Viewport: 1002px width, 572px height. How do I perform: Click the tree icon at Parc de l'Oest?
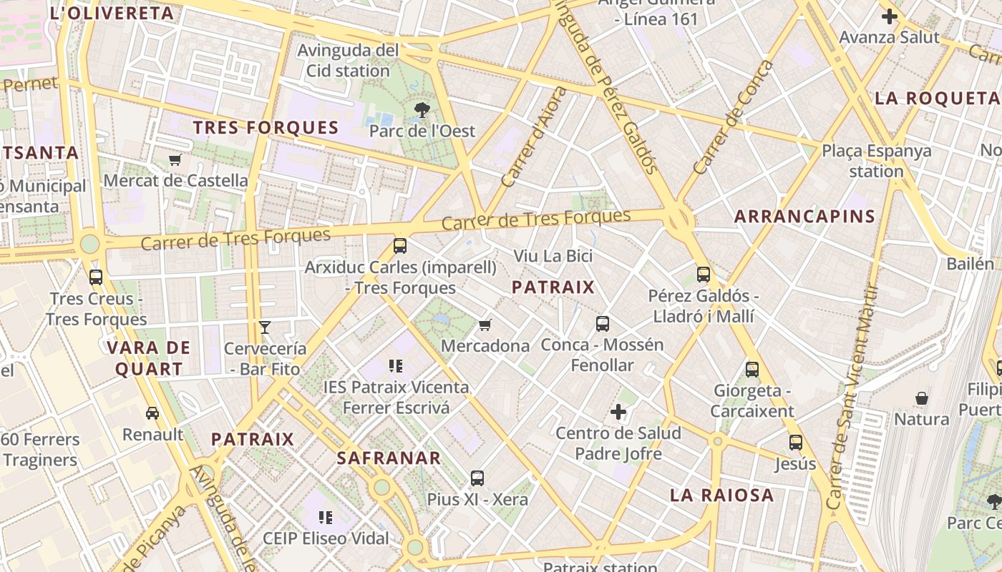[x=422, y=109]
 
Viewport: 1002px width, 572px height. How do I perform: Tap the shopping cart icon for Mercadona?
[x=485, y=325]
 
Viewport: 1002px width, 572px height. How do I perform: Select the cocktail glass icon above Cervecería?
[x=265, y=327]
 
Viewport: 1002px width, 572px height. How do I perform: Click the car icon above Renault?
[x=152, y=413]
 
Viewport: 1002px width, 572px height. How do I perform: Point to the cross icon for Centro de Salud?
[x=618, y=412]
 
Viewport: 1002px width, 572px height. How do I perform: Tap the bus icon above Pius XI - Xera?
[x=477, y=478]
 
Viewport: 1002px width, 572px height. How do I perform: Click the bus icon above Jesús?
[x=796, y=443]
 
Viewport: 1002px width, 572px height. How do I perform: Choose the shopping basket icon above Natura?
[x=922, y=398]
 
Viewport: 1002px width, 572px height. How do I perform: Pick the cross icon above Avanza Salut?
[x=890, y=16]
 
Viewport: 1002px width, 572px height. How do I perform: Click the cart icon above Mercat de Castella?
[x=175, y=159]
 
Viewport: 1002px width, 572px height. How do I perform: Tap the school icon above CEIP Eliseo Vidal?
[x=326, y=517]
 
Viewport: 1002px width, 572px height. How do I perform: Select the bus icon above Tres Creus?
[x=96, y=277]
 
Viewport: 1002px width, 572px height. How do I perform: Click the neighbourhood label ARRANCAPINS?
[x=804, y=217]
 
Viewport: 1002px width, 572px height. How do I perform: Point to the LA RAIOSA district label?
[x=721, y=495]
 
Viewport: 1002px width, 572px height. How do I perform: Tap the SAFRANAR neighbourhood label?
[x=389, y=458]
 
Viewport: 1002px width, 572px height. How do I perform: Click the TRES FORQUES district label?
[x=266, y=128]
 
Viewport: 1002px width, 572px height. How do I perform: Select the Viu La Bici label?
[x=553, y=256]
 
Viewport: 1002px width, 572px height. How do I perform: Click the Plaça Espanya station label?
[x=877, y=161]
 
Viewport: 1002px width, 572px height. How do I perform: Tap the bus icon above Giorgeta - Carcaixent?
[x=752, y=370]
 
